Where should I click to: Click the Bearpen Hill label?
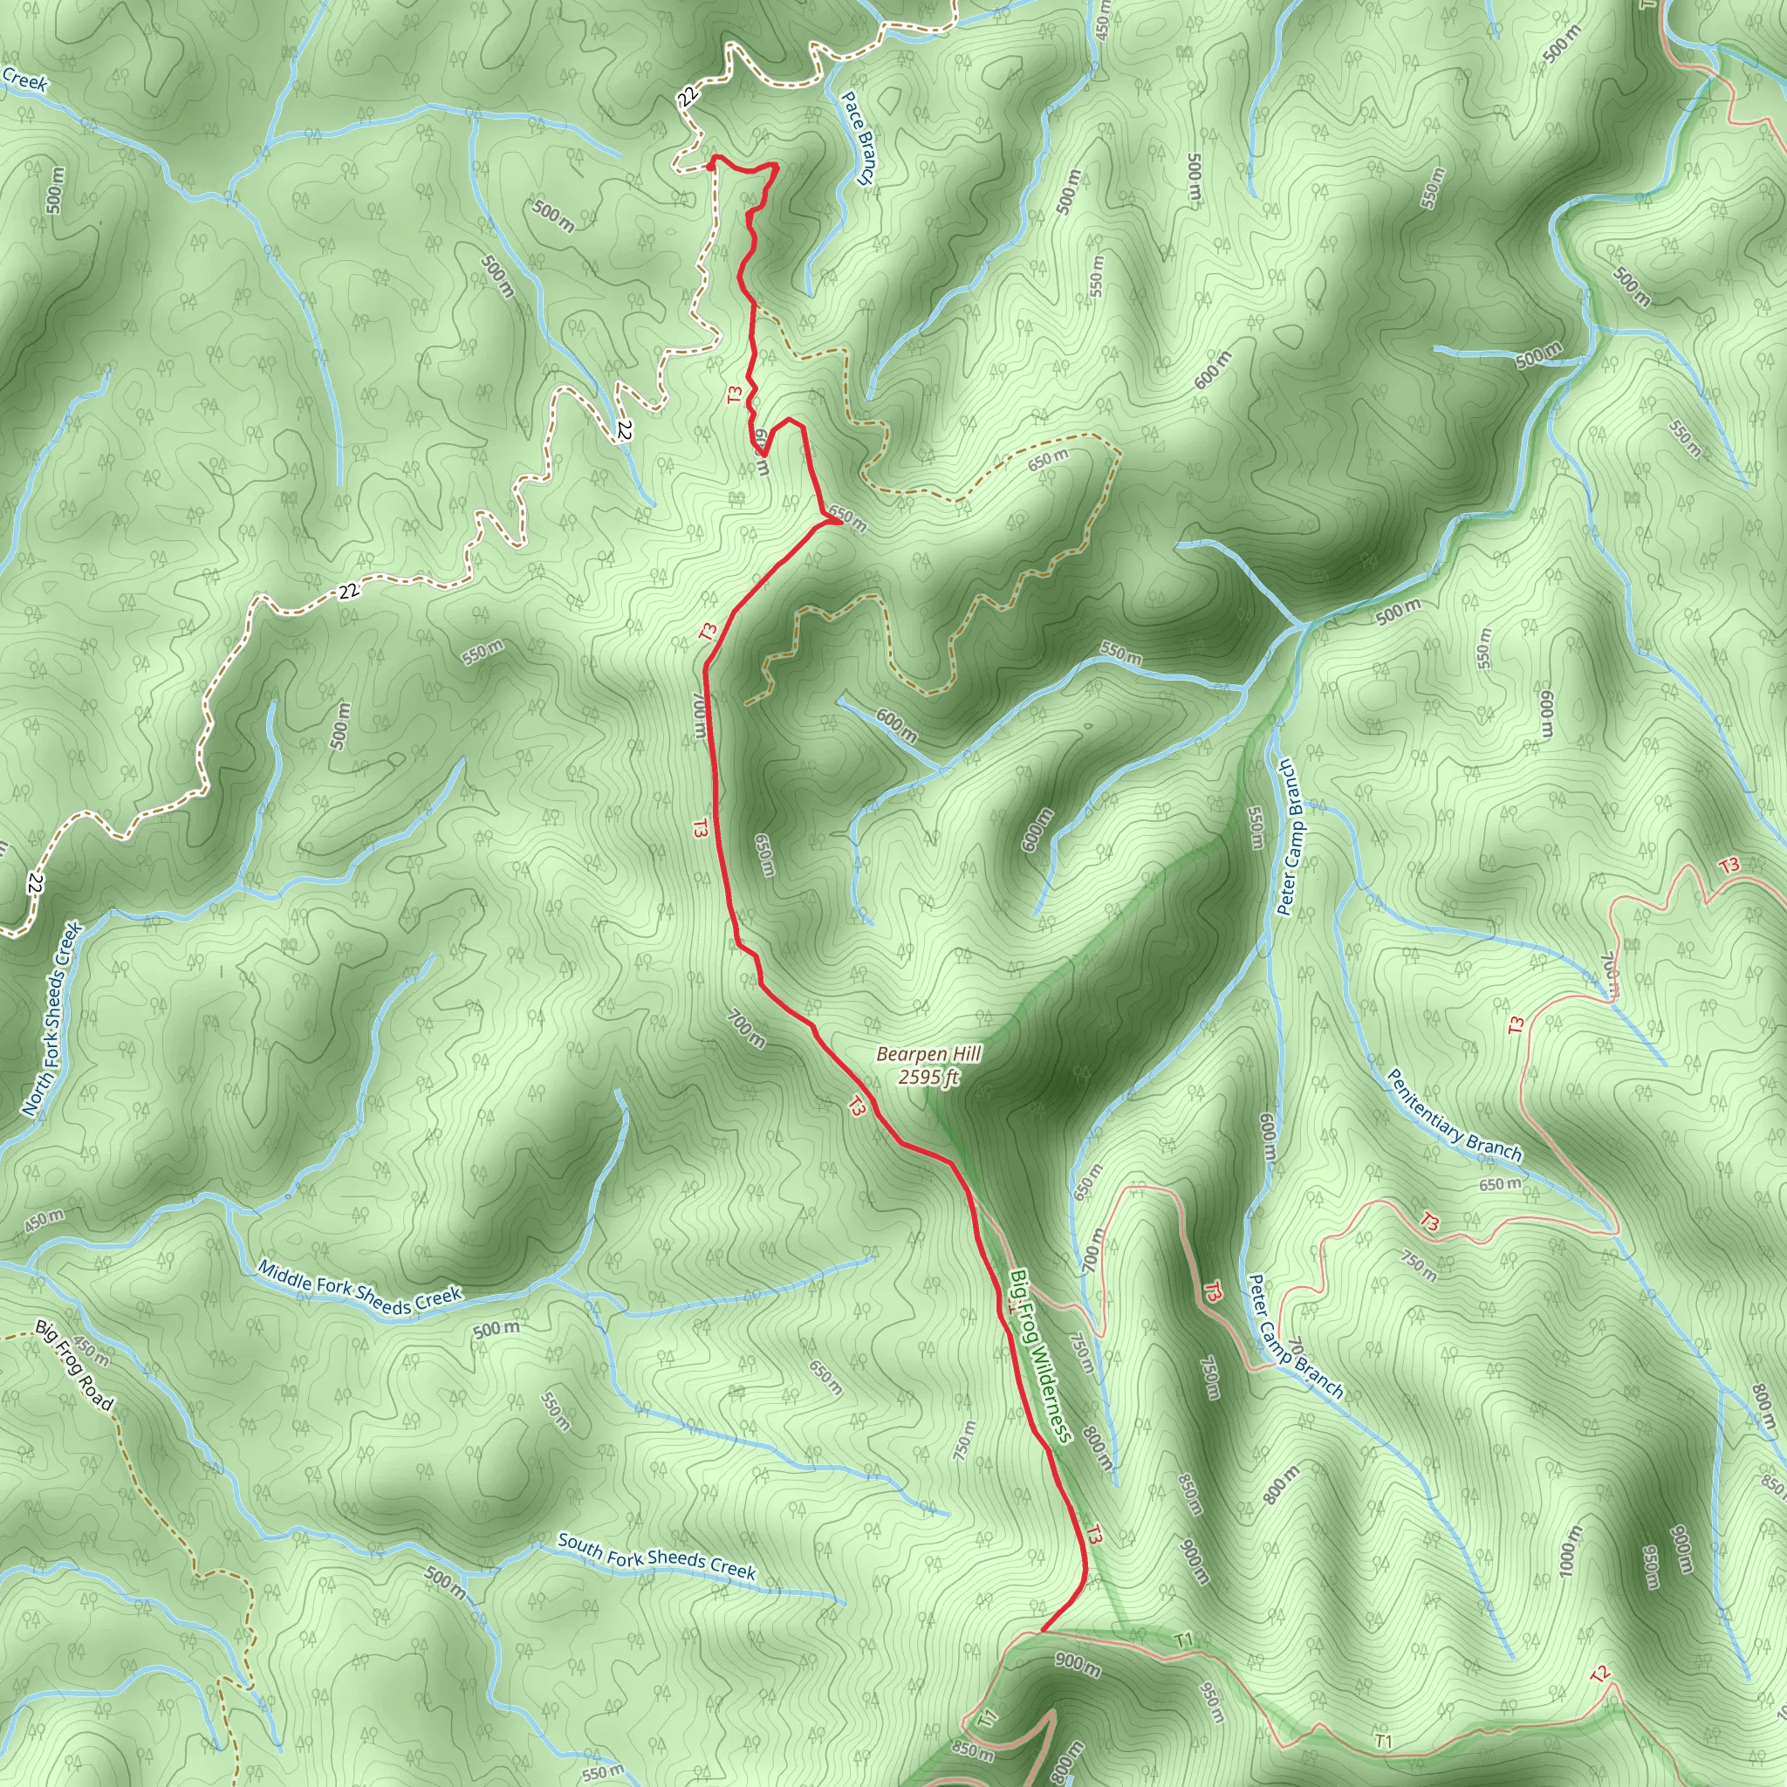tap(928, 1054)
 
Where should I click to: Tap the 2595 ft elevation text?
tap(928, 1078)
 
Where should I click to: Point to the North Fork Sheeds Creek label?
tap(52, 1018)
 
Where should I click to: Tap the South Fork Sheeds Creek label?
tap(657, 1557)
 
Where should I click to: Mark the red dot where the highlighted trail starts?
tap(710, 166)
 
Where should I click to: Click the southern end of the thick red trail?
tap(1044, 1631)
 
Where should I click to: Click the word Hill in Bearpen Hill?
tap(965, 1053)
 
